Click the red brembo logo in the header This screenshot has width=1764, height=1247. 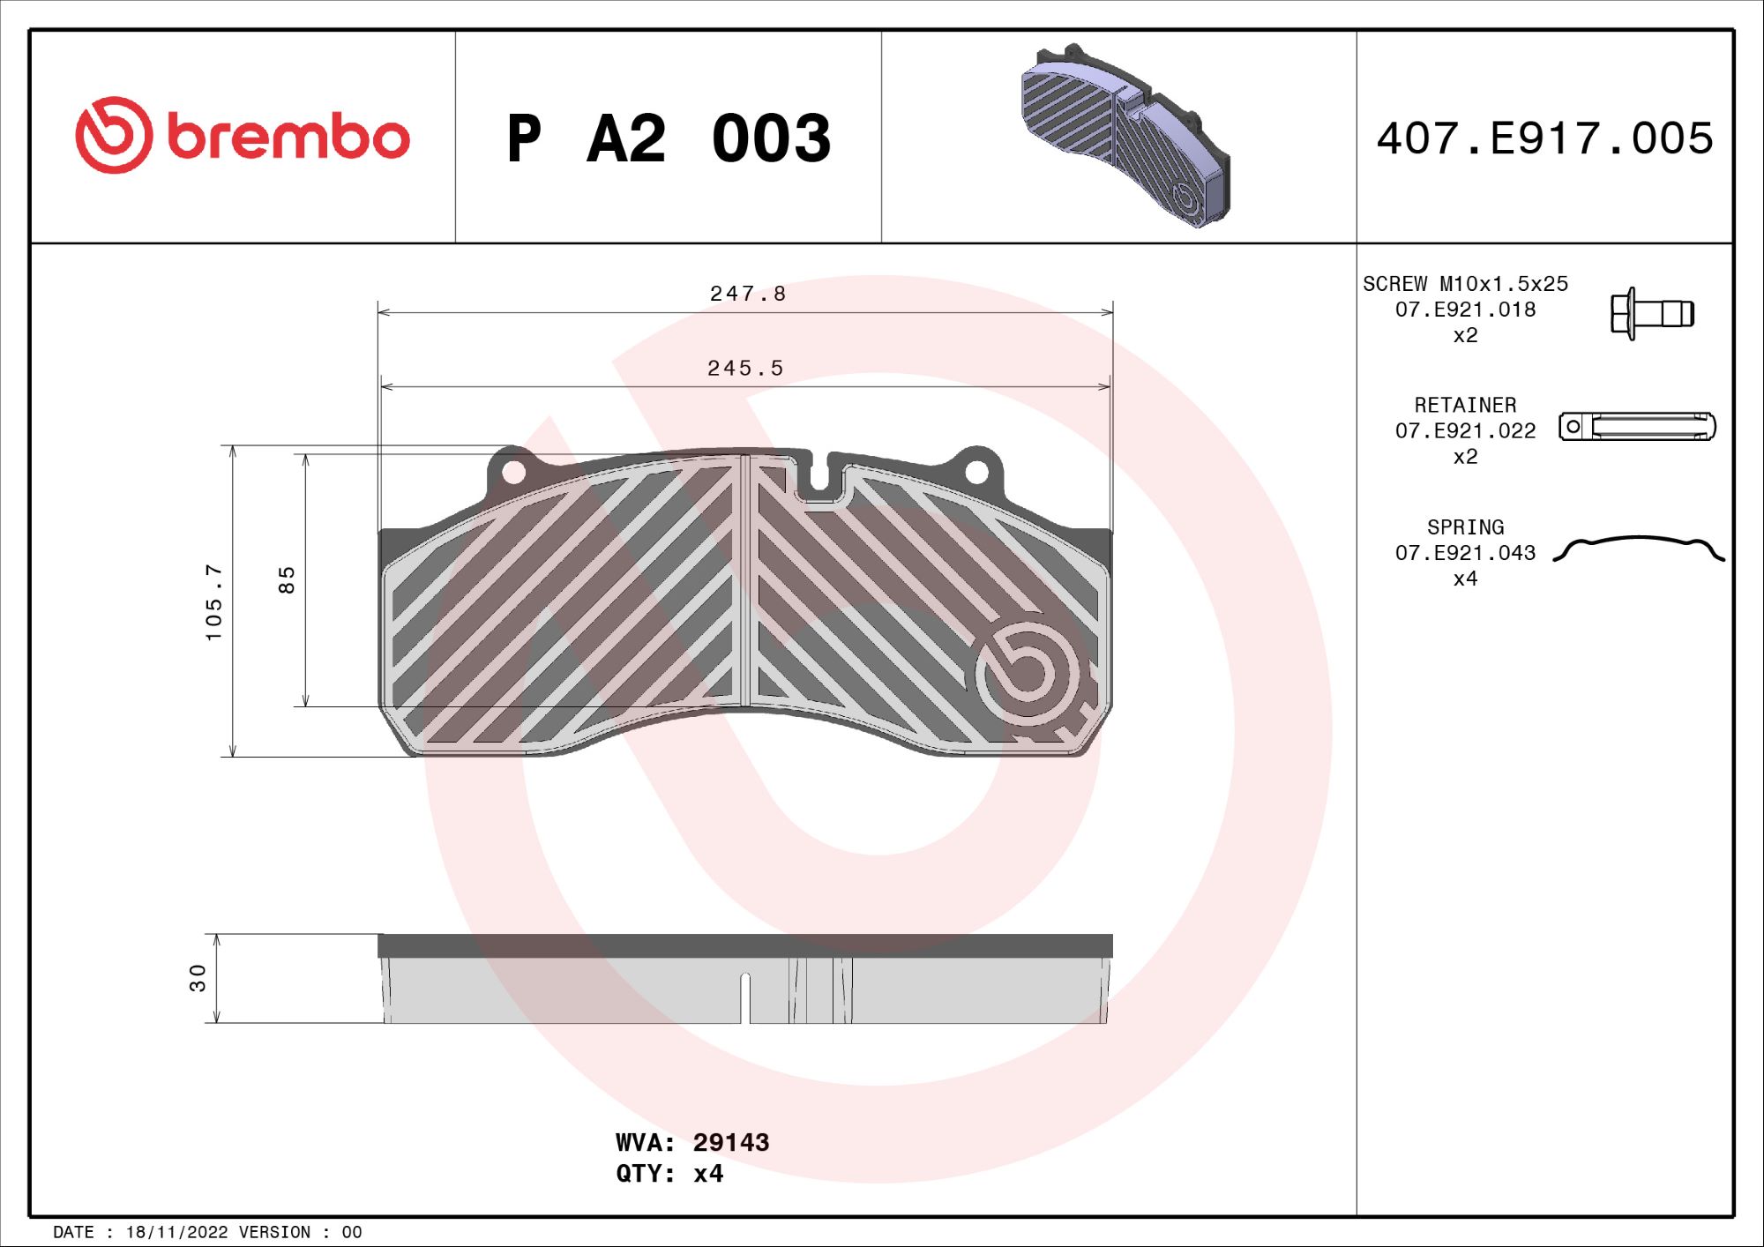pyautogui.click(x=242, y=136)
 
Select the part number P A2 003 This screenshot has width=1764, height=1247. pyautogui.click(x=668, y=139)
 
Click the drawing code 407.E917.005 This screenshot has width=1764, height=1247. pyautogui.click(x=1544, y=139)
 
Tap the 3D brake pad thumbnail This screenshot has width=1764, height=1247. pyautogui.click(x=1125, y=137)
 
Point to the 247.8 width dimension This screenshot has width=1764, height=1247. pyautogui.click(x=747, y=294)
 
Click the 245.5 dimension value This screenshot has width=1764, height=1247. pyautogui.click(x=745, y=368)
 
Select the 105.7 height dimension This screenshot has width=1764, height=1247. pyautogui.click(x=214, y=602)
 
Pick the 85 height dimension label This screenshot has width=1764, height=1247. pyautogui.click(x=287, y=579)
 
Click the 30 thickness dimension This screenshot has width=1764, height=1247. pyautogui.click(x=198, y=977)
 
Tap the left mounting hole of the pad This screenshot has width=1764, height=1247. pyautogui.click(x=513, y=473)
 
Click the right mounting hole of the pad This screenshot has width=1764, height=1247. pyautogui.click(x=976, y=473)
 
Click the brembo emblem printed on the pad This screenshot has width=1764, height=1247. pyautogui.click(x=1028, y=672)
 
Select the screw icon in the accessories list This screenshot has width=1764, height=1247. pyautogui.click(x=1651, y=313)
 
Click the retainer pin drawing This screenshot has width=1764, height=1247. pyautogui.click(x=1637, y=427)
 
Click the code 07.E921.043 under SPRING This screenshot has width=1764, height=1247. pyautogui.click(x=1465, y=553)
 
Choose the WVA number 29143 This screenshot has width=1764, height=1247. pyautogui.click(x=730, y=1143)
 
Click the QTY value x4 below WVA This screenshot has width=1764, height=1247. pyautogui.click(x=708, y=1174)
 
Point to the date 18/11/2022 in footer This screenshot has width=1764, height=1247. pyautogui.click(x=176, y=1232)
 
